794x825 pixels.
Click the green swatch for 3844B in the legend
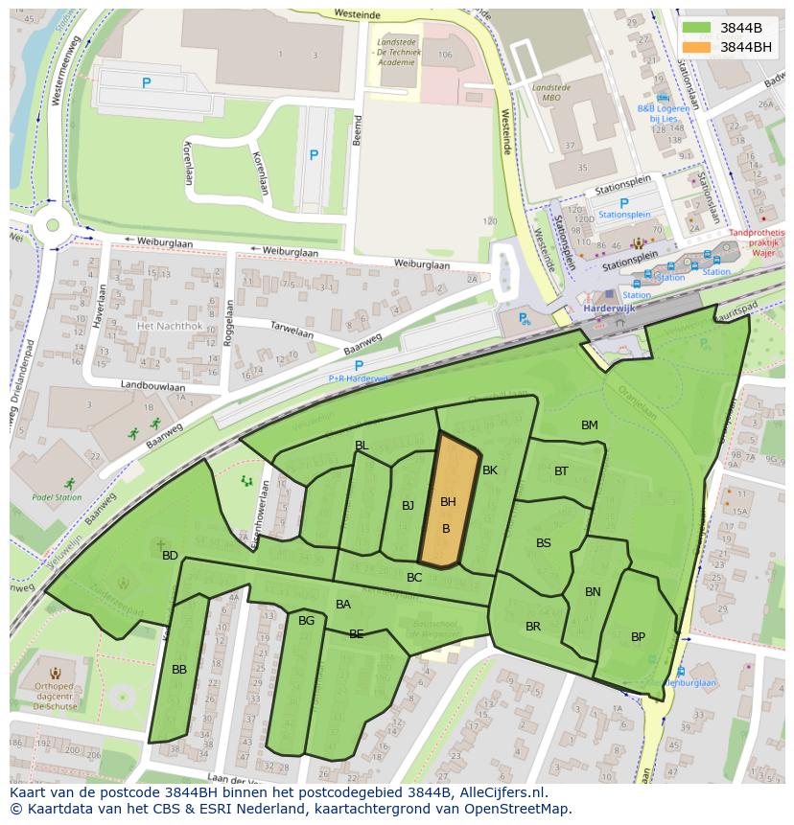tap(696, 28)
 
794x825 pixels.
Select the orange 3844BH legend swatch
tap(696, 47)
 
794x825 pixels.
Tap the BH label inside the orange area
tap(448, 501)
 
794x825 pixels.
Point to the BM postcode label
tap(589, 424)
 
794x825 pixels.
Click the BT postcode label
tap(561, 470)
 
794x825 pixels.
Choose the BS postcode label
tap(544, 543)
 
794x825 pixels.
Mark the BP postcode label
tap(638, 637)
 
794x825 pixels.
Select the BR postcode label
tap(533, 627)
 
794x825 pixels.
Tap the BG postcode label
tap(306, 621)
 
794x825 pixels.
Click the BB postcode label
tap(179, 669)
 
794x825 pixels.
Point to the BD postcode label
tap(170, 556)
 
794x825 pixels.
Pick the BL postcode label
tap(362, 446)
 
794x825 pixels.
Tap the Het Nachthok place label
tap(170, 326)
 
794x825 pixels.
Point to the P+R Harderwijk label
tap(358, 378)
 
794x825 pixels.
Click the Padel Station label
tap(57, 497)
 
